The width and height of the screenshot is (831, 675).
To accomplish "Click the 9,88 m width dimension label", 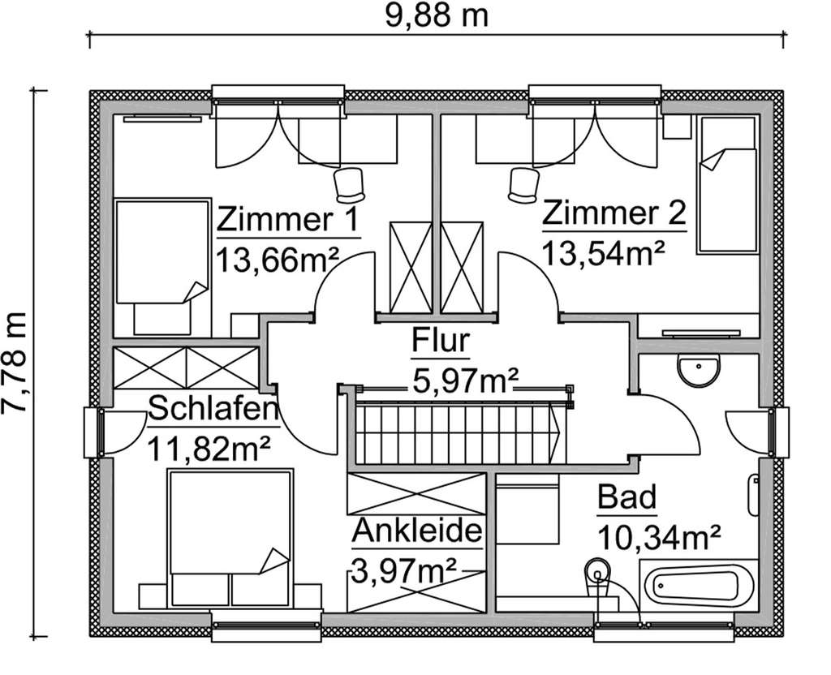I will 436,14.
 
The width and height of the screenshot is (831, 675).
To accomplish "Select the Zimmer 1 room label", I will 288,218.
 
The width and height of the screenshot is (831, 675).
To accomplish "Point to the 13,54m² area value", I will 603,252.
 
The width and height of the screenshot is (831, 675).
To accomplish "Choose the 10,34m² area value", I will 660,536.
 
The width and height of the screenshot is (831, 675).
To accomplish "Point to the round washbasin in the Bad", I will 697,371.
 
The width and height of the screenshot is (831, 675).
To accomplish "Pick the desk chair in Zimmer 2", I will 523,184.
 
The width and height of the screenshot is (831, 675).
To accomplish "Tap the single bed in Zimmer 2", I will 726,185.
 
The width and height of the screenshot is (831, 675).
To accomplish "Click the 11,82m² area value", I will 208,447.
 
